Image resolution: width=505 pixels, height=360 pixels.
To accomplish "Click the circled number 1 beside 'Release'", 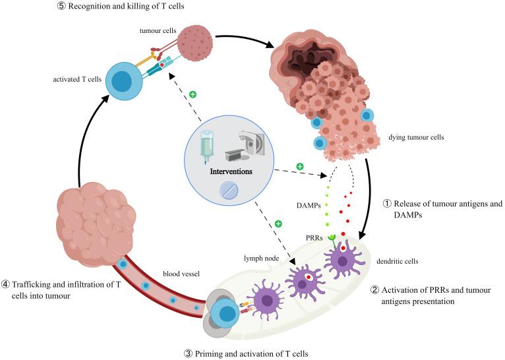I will click(388, 204).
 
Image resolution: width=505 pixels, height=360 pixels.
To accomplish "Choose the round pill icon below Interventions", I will click(229, 191).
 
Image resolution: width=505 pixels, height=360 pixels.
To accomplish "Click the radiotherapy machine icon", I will click(247, 142).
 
